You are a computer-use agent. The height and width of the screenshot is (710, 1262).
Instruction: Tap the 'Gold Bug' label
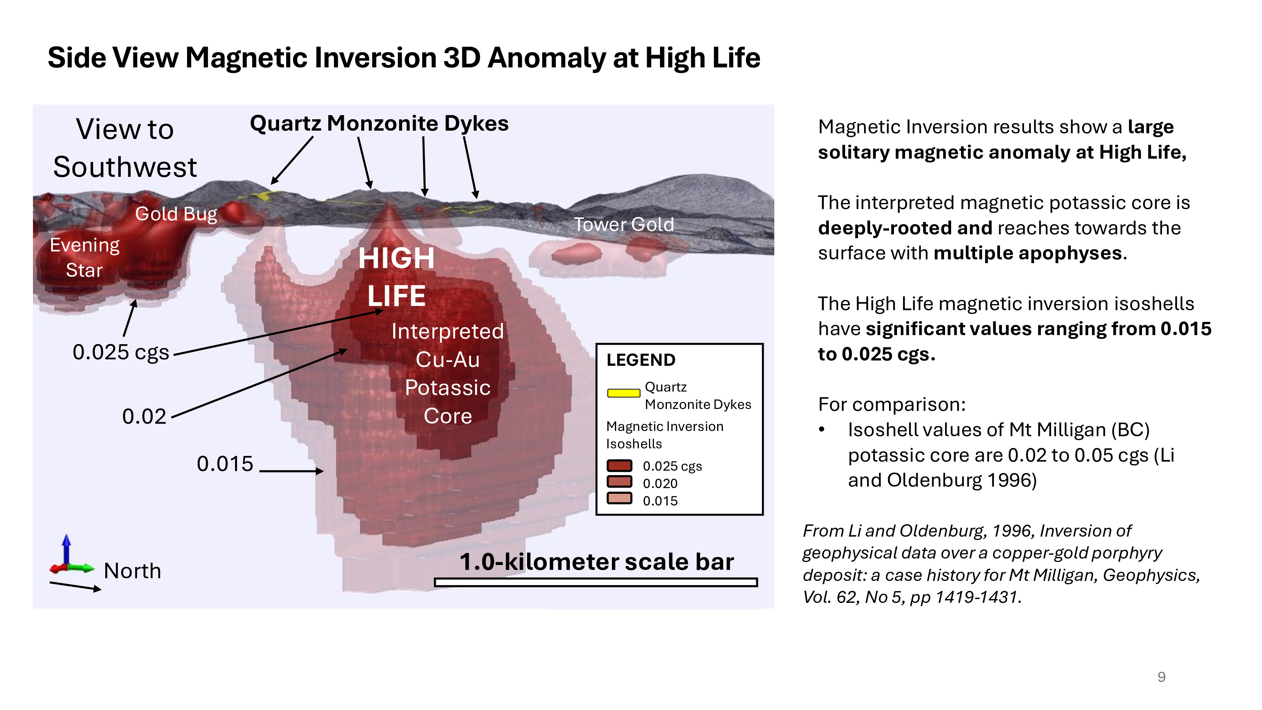coord(176,214)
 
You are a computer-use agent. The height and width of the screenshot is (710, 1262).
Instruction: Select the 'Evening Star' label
coord(84,257)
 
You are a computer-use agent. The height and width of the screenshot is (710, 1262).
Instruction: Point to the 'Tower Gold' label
coord(624,225)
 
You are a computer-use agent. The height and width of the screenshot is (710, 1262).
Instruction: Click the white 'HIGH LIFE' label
coord(396,277)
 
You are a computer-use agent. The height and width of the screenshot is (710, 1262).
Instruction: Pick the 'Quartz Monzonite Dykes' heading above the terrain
coord(379,123)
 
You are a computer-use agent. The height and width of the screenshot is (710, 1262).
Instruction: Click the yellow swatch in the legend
coord(624,393)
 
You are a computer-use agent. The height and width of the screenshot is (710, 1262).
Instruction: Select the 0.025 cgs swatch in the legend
coord(619,465)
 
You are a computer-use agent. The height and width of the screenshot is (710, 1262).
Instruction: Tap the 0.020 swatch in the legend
coord(619,482)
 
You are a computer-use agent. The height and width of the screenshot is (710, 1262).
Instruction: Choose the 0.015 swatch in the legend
coord(619,498)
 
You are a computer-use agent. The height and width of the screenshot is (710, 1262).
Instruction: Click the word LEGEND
coord(641,360)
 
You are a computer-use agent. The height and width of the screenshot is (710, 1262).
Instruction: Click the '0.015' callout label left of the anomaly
coord(225,463)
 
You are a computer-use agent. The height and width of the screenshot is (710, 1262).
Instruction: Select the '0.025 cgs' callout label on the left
coord(120,352)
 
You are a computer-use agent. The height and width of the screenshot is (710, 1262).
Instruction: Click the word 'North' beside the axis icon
coord(132,571)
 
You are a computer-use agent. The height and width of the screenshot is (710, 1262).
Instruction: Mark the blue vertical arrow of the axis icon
coord(67,550)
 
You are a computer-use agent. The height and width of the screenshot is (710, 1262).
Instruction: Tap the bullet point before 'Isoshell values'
coord(822,430)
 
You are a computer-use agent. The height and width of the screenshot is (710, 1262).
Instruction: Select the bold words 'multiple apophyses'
coord(1028,253)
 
